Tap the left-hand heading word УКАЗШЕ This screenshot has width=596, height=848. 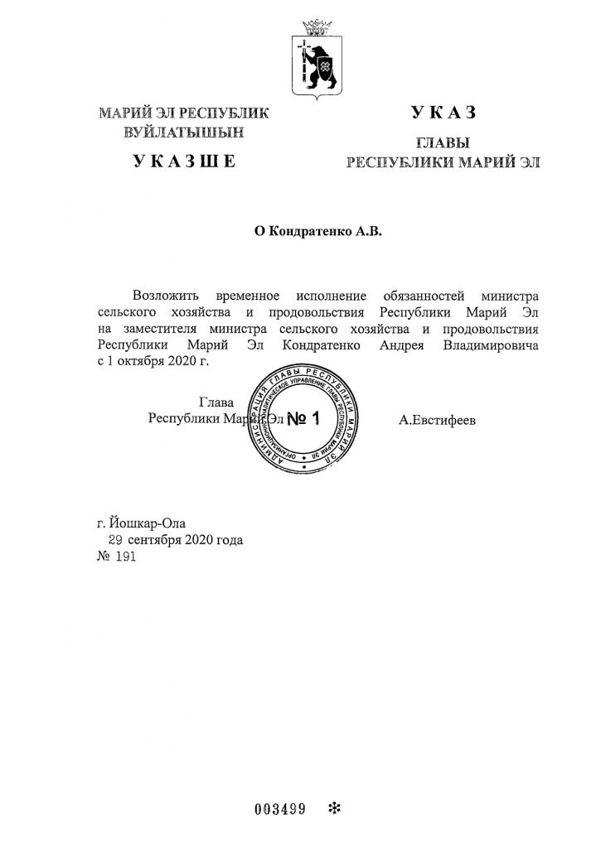pyautogui.click(x=183, y=161)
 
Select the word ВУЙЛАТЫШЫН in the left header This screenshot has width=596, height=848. pyautogui.click(x=183, y=131)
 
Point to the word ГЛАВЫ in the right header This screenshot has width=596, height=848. pyautogui.click(x=443, y=142)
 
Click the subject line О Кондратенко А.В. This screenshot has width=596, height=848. pyautogui.click(x=317, y=233)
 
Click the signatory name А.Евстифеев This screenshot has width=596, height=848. pyautogui.click(x=438, y=421)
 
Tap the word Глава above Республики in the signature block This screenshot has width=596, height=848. pyautogui.click(x=216, y=402)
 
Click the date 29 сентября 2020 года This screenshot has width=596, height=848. pyautogui.click(x=177, y=540)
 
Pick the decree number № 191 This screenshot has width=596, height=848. pyautogui.click(x=115, y=557)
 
